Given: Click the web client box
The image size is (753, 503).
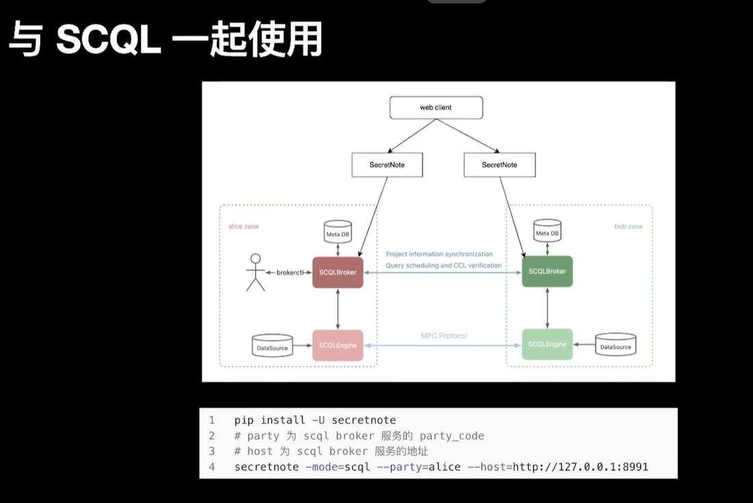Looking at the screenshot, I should pyautogui.click(x=436, y=107).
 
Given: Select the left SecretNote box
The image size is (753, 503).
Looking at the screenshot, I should pyautogui.click(x=387, y=165).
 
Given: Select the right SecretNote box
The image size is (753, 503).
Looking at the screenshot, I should pyautogui.click(x=499, y=165).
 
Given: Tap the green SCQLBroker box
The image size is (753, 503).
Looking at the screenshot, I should pyautogui.click(x=546, y=272).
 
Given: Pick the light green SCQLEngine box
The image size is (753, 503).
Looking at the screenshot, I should pyautogui.click(x=546, y=344).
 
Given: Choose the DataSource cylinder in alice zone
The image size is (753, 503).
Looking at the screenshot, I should pyautogui.click(x=272, y=346).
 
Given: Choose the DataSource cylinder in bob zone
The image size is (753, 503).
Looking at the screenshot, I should pyautogui.click(x=616, y=346).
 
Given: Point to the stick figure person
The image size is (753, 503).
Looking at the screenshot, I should pyautogui.click(x=255, y=272).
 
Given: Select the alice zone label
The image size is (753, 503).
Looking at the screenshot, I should pyautogui.click(x=243, y=226).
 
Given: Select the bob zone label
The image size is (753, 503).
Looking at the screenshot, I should pyautogui.click(x=628, y=226).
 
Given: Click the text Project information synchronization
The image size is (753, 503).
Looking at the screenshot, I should pyautogui.click(x=438, y=254).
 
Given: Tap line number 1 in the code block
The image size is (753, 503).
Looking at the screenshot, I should pyautogui.click(x=212, y=420).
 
